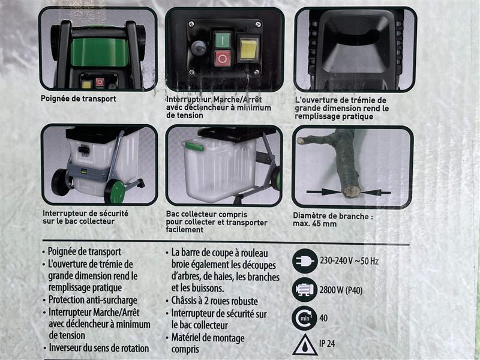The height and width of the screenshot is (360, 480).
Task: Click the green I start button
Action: (x=223, y=40)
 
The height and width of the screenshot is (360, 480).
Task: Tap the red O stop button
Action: (x=223, y=58)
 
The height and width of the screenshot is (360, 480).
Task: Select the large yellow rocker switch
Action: (x=248, y=49)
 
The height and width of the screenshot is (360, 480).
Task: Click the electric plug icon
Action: (x=305, y=261)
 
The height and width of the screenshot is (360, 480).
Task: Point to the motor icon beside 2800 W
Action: (x=304, y=289)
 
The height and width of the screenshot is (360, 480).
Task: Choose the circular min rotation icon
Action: (x=304, y=318)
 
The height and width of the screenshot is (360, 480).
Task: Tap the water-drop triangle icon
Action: (x=305, y=344)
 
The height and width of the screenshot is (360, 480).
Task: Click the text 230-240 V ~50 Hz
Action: (x=349, y=261)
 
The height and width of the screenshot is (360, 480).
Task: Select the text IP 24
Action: (x=327, y=343)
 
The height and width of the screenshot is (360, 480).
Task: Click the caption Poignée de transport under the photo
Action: (x=79, y=99)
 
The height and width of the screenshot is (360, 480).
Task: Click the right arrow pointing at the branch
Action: (x=377, y=193)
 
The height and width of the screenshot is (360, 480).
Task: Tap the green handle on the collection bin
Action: (x=194, y=146)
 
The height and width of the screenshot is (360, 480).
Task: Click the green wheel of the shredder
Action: (x=115, y=191)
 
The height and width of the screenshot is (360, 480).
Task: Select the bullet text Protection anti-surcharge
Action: (x=92, y=300)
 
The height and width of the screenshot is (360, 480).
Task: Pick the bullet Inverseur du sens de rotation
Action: (x=99, y=348)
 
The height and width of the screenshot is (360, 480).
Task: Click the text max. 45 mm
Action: (x=314, y=224)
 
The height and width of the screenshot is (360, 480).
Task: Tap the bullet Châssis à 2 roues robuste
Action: (x=214, y=301)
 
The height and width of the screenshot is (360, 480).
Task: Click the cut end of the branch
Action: (x=351, y=192)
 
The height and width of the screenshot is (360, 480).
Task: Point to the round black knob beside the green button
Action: (x=199, y=49)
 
